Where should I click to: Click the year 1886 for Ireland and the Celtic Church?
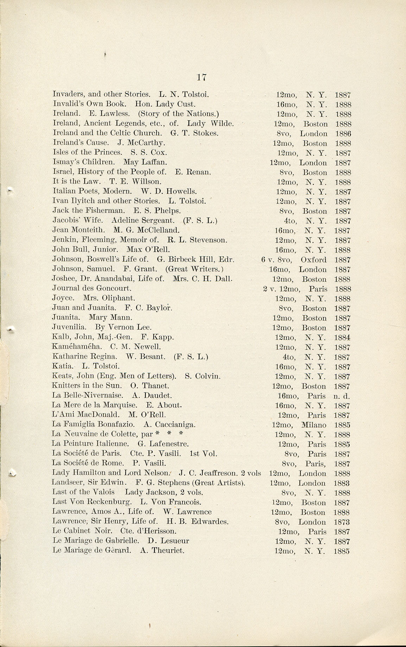[x=343, y=134]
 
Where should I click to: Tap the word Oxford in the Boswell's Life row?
[x=313, y=260]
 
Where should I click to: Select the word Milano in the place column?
[x=314, y=425]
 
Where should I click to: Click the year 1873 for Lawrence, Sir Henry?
[x=342, y=522]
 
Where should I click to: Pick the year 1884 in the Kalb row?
[x=342, y=337]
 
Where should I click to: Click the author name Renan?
[x=198, y=172]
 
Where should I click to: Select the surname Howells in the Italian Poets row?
[x=182, y=192]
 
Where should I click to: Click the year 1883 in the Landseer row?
[x=342, y=483]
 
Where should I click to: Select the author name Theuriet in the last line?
[x=167, y=551]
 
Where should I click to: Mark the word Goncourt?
[x=114, y=288]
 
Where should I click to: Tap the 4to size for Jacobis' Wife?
[x=289, y=221]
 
